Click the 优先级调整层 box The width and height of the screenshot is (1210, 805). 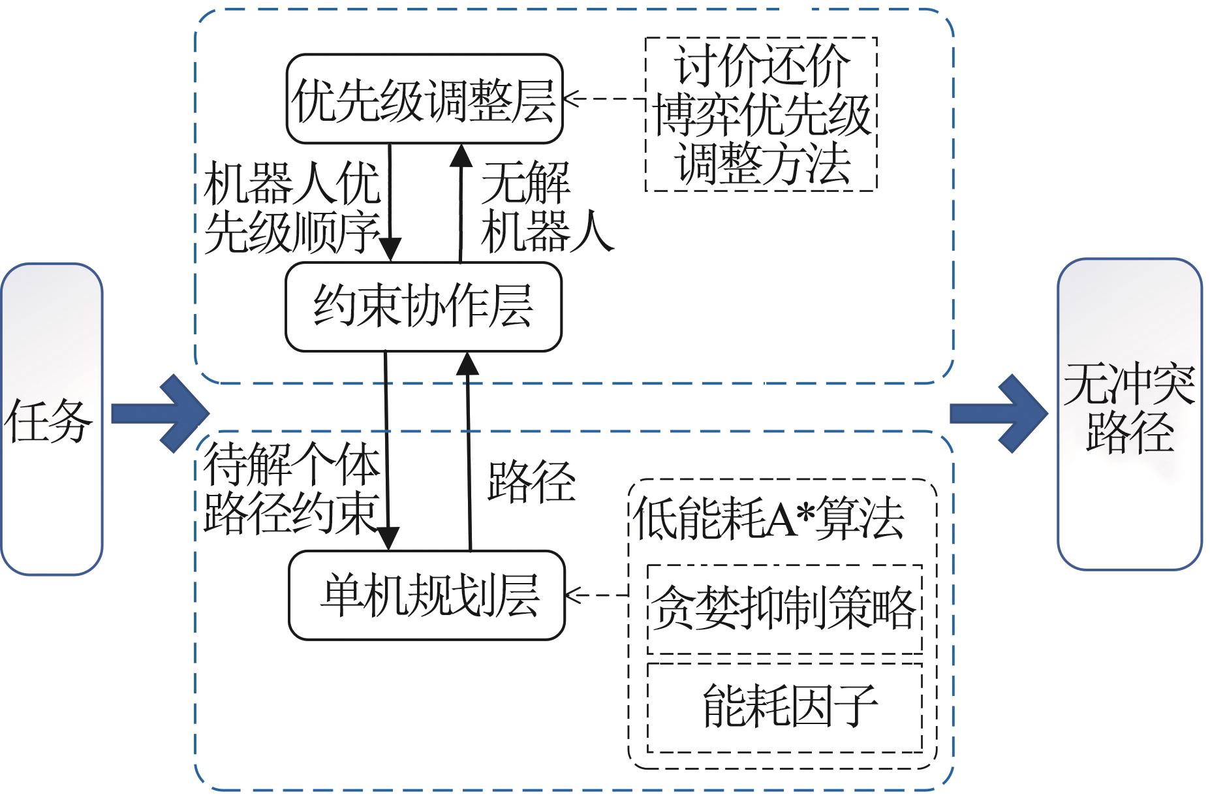coord(424,99)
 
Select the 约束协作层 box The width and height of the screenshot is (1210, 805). coord(423,307)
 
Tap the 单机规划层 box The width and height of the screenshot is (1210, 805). coord(426,595)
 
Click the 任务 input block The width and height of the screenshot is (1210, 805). coord(51,418)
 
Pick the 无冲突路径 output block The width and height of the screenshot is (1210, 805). coord(1129,414)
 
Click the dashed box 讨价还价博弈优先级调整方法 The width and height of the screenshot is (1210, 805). coord(761,114)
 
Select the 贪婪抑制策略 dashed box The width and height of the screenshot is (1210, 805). coord(784,609)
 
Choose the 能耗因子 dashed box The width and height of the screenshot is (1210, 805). coord(784,708)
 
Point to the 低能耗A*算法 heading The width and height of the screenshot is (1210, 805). coord(769,520)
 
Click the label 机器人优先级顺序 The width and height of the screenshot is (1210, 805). coord(291,209)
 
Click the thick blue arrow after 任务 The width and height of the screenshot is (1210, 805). coord(160,413)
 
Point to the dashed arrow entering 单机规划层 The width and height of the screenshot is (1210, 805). coord(597,595)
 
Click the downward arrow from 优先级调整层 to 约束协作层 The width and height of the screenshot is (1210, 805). coord(390,202)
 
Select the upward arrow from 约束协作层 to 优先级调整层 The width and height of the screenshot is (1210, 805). coord(461,202)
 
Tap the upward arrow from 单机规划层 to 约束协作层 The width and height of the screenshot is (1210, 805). coord(468,450)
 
